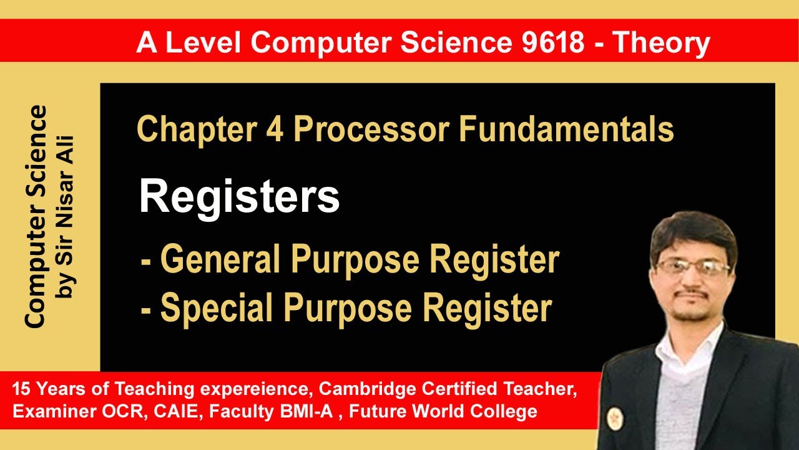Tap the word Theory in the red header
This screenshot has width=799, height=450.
tap(661, 43)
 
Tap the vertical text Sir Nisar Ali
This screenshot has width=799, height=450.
tap(66, 216)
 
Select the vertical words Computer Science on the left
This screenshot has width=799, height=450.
tap(36, 216)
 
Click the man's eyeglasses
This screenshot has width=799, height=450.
tap(693, 268)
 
